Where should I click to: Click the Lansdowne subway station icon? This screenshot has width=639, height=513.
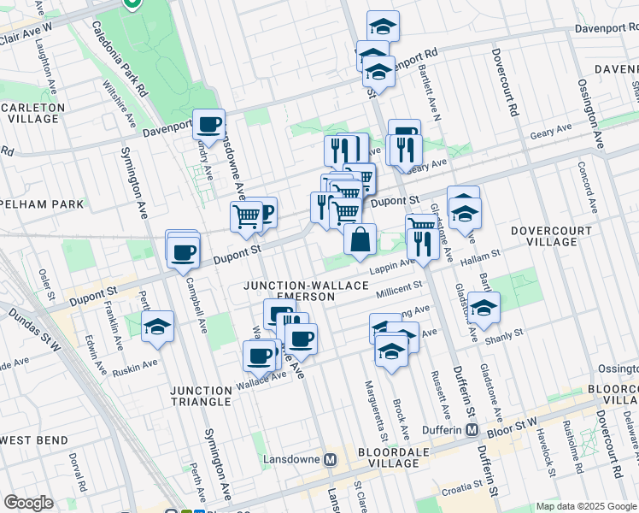(331, 459)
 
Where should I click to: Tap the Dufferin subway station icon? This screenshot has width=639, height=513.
(471, 429)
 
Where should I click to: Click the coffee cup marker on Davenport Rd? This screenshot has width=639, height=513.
(208, 125)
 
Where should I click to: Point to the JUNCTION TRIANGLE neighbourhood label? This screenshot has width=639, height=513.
(201, 396)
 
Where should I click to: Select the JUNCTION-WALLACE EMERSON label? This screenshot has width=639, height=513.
(306, 292)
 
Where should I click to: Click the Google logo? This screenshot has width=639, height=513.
(28, 503)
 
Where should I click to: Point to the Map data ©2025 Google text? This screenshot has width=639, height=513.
(585, 506)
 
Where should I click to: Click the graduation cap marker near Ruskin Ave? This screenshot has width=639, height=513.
(157, 327)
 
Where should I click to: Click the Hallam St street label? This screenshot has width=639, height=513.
(478, 260)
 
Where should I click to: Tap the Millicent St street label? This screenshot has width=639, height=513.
(400, 289)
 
